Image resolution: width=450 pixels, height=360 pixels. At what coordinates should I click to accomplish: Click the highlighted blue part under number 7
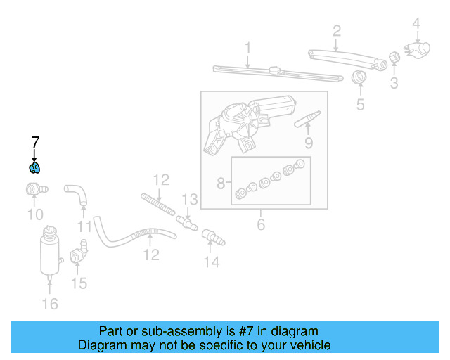pos(34,167)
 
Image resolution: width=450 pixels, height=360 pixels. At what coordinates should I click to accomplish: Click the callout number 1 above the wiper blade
pos(247,48)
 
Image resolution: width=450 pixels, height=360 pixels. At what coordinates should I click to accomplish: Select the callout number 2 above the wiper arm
pos(337,30)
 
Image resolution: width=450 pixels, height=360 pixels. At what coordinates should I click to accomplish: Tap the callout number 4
pos(416,24)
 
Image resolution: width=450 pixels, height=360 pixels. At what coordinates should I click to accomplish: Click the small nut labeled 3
pos(394,57)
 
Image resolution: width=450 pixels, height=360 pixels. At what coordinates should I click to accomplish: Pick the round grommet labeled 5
pos(359,77)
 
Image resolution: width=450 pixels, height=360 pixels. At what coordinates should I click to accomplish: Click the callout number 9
pos(308,145)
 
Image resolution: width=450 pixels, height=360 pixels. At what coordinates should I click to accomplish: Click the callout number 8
pos(221,184)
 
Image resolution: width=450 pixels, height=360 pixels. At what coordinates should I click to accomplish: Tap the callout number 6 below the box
pos(261,225)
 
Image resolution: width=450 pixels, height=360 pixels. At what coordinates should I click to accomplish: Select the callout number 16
pos(50,304)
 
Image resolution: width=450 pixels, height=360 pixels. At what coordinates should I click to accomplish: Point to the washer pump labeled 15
pos(79,253)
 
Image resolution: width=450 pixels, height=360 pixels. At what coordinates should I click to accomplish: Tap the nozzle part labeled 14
pos(212,238)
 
